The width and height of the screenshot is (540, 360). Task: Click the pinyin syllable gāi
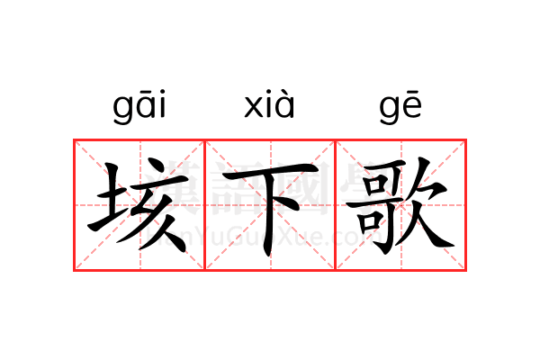[x=139, y=106]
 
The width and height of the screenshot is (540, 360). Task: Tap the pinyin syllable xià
[x=269, y=104]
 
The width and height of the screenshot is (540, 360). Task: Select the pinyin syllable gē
[x=400, y=107]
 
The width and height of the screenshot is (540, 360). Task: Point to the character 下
[x=271, y=209]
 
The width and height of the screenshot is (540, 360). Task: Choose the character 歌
[x=400, y=206]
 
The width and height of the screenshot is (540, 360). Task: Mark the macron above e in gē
[x=412, y=92]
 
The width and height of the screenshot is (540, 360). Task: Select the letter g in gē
[x=390, y=110]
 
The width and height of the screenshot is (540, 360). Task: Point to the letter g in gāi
[x=123, y=110]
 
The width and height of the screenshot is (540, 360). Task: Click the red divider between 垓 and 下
[x=205, y=205]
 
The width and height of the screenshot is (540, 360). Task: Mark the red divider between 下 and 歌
[x=336, y=205]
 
